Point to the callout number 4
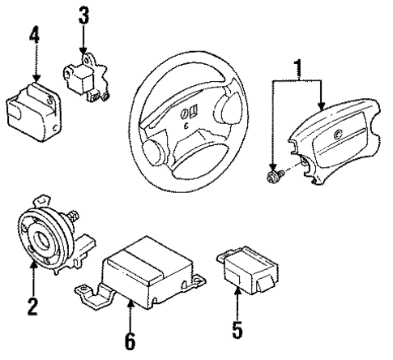[x=33, y=36]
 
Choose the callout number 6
[x=130, y=341]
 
